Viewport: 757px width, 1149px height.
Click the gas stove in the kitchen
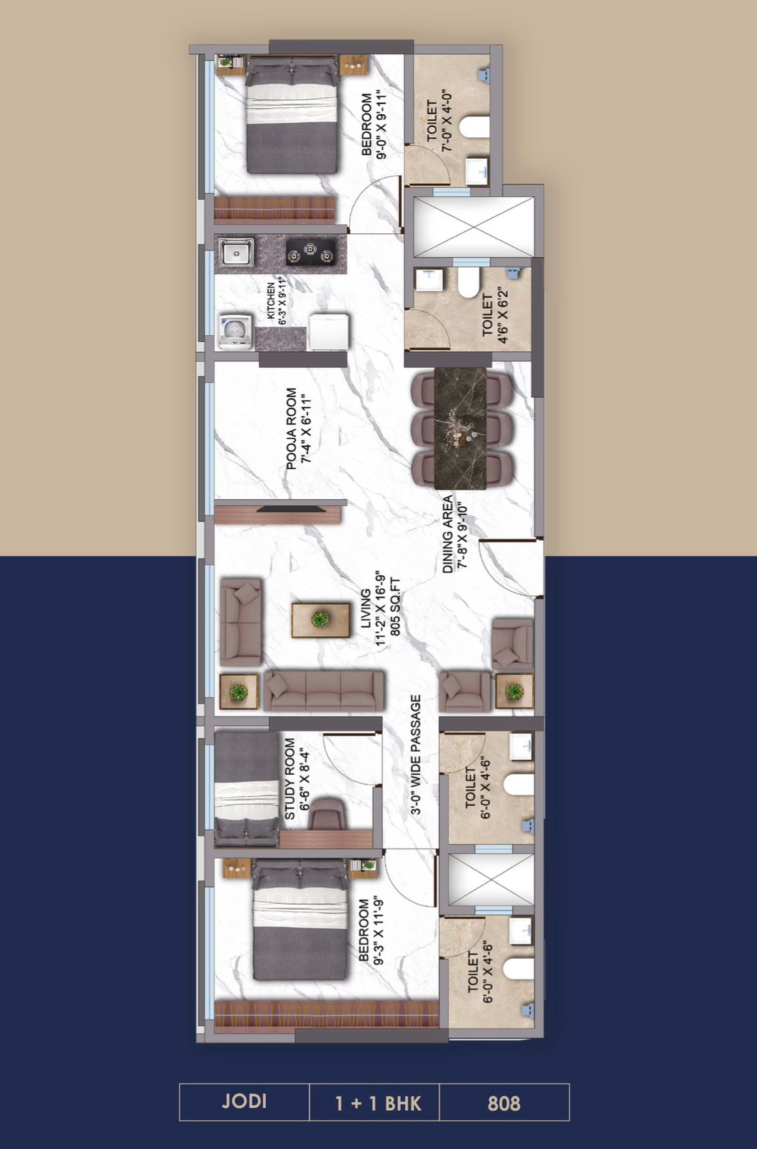pyautogui.click(x=311, y=253)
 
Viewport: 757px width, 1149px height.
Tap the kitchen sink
pyautogui.click(x=236, y=253)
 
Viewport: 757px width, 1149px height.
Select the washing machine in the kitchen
pyautogui.click(x=236, y=332)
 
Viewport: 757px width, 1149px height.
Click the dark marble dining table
pyautogui.click(x=460, y=428)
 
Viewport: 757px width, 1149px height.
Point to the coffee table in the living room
pyautogui.click(x=321, y=620)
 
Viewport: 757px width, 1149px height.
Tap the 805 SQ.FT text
pyautogui.click(x=395, y=607)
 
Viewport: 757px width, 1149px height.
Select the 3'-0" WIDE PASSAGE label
pyautogui.click(x=415, y=755)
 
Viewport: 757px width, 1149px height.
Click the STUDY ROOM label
pyautogui.click(x=289, y=778)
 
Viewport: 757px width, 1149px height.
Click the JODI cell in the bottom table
pyautogui.click(x=244, y=1101)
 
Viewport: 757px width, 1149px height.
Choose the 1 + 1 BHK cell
pyautogui.click(x=378, y=1103)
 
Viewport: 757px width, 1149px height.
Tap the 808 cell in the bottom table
pyautogui.click(x=504, y=1103)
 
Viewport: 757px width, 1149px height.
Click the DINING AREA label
pyautogui.click(x=447, y=534)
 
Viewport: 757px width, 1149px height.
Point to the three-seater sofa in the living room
pyautogui.click(x=324, y=690)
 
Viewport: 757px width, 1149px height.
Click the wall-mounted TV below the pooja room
pyautogui.click(x=291, y=509)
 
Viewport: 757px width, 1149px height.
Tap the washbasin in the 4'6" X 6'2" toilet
pyautogui.click(x=426, y=280)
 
